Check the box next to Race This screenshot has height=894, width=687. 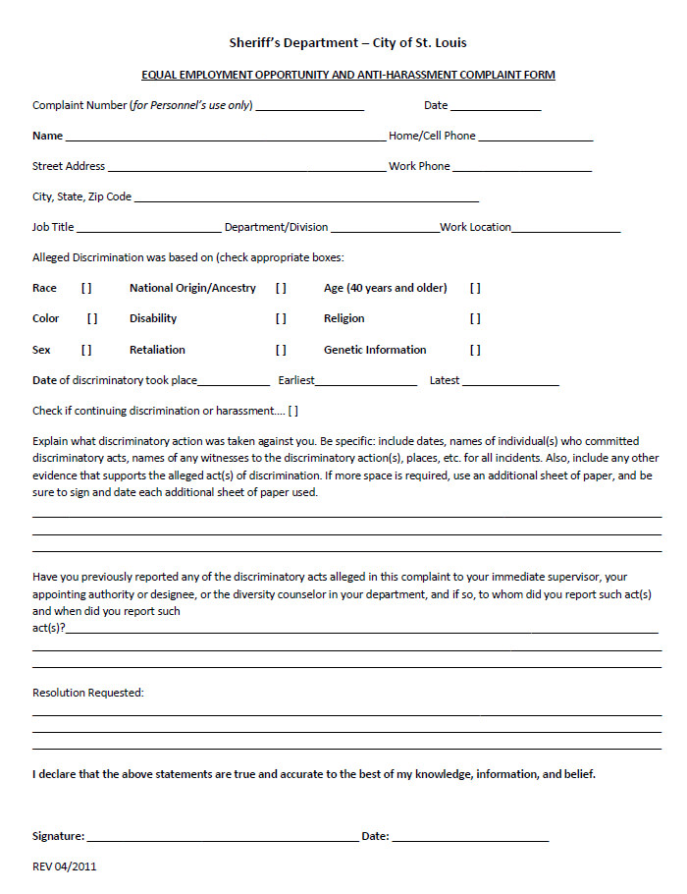coord(86,289)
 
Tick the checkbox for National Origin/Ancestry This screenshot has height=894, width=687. coord(281,289)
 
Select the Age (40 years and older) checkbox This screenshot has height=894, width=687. coord(475,289)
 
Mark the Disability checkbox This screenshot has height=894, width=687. coord(281,319)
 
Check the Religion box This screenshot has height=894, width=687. coord(475,319)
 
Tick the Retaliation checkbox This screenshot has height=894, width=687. coord(281,351)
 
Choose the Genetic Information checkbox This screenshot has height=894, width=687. coord(475,351)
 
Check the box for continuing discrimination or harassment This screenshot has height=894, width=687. coord(293,411)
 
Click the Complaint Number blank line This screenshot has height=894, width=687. coord(309,106)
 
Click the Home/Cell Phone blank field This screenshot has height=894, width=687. coord(536,138)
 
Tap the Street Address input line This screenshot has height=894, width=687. coord(246,168)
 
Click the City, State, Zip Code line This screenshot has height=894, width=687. coord(306,198)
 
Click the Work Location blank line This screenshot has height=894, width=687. coord(566,229)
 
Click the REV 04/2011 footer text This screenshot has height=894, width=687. coord(65,866)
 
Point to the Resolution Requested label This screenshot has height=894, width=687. coord(88,693)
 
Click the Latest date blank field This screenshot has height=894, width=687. coord(509,382)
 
